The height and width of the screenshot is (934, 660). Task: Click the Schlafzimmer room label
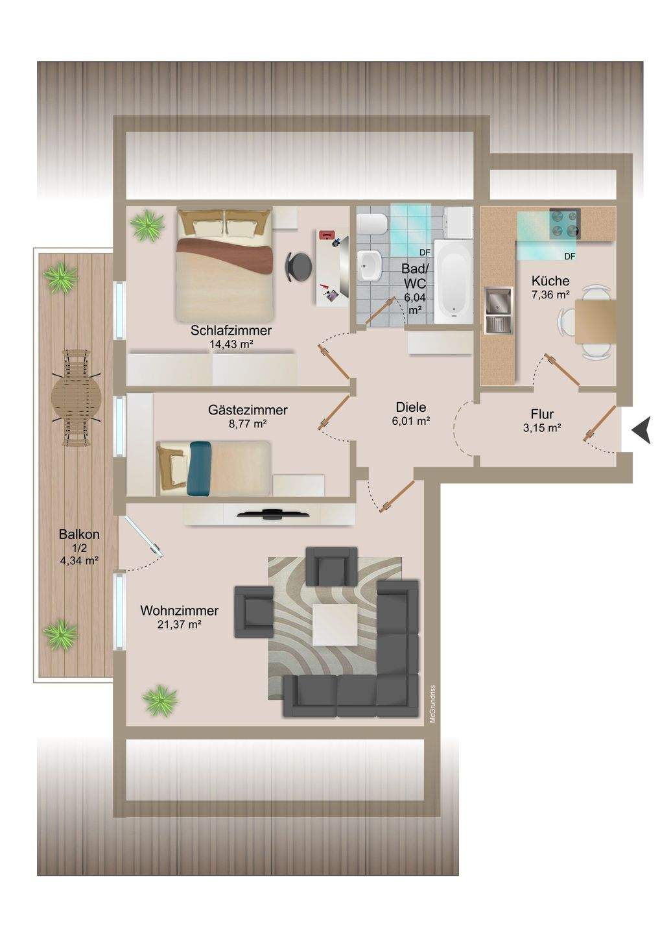click(x=231, y=331)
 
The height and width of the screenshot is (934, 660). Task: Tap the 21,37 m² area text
click(x=180, y=625)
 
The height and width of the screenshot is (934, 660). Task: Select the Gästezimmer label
click(x=248, y=411)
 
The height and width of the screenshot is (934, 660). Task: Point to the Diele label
click(x=411, y=407)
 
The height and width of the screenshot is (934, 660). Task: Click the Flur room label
click(x=542, y=414)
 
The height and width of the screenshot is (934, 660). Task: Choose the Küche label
click(x=550, y=281)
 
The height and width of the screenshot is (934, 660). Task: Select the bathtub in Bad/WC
click(x=453, y=281)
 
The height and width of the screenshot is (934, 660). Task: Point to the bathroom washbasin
click(x=370, y=265)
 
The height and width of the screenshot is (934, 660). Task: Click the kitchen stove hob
click(x=565, y=224)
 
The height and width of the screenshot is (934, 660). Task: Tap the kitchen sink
click(x=499, y=310)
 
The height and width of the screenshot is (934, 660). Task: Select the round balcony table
click(x=77, y=398)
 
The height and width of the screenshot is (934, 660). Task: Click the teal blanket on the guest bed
click(x=200, y=468)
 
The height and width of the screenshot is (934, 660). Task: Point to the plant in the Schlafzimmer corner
click(x=147, y=225)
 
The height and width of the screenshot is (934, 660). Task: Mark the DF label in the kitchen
click(x=570, y=257)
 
